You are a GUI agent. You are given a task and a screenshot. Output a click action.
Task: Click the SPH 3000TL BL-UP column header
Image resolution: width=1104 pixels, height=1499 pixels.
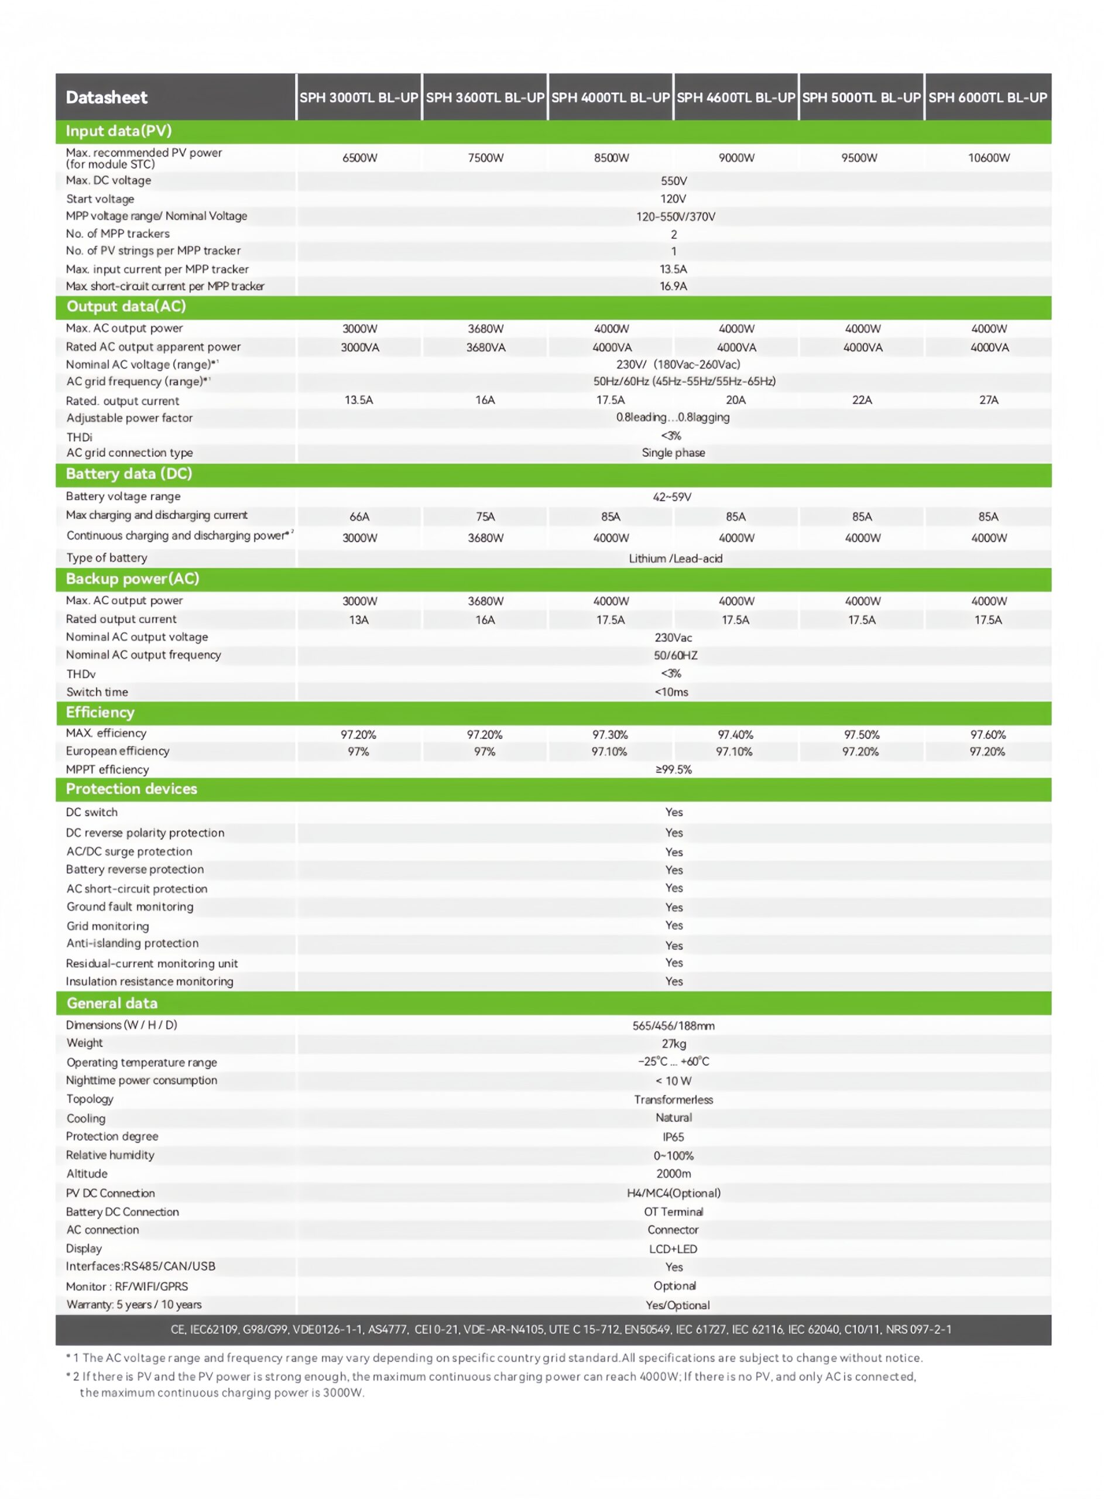[359, 98]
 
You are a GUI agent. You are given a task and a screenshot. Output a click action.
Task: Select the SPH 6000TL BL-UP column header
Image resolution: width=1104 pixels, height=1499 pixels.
[987, 98]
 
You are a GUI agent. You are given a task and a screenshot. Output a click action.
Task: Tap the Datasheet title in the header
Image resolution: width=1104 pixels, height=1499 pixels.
[107, 98]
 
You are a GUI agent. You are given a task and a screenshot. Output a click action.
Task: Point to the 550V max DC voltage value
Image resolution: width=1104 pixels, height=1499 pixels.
[674, 181]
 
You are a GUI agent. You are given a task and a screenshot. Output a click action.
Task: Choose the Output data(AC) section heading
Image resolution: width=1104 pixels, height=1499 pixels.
[126, 307]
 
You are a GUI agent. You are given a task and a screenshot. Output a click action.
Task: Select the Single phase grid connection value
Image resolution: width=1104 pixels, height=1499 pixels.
[673, 453]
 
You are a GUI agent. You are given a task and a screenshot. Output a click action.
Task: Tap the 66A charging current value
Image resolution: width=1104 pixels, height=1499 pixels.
[359, 516]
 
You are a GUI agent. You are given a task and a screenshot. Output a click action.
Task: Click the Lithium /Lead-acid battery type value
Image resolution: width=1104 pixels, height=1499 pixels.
[675, 559]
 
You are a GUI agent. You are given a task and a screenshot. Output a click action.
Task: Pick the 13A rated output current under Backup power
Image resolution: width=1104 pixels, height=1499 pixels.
[359, 620]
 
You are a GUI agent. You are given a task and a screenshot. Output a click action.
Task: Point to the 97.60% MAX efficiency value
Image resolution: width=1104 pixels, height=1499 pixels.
[988, 735]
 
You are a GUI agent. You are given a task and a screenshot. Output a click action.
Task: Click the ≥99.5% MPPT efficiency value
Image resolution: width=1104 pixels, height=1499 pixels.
[674, 770]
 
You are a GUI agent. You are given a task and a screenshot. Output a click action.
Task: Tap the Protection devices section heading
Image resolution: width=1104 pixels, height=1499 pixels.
[132, 789]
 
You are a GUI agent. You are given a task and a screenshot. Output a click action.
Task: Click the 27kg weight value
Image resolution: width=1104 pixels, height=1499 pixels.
[674, 1044]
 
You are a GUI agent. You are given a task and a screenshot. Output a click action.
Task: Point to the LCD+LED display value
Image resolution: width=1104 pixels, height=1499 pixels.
[673, 1249]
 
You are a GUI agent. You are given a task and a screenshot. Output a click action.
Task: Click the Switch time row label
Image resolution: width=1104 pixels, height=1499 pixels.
[97, 692]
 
